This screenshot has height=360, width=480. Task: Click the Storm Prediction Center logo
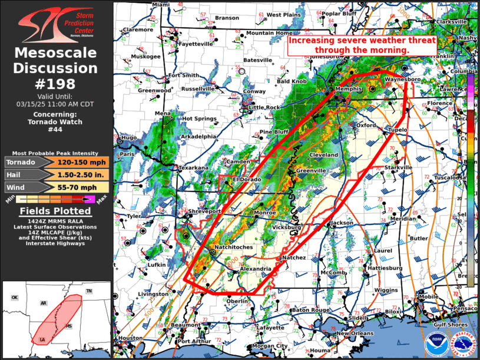coord(56,24)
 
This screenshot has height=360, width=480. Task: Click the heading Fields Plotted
coord(56,211)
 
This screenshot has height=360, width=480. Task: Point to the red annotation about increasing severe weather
coord(362,45)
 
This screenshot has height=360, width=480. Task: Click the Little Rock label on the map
coord(264,107)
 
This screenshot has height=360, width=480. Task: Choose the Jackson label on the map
coord(342,223)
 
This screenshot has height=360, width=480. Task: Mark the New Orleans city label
coord(355,333)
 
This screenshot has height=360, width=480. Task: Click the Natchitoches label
coord(233,247)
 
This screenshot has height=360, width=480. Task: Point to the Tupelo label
coord(398,129)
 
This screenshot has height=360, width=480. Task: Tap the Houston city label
coord(130,338)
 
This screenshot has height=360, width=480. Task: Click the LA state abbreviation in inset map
coord(42,340)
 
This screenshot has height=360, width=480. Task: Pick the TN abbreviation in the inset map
coord(89,291)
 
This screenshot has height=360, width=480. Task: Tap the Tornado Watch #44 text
coord(56,126)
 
